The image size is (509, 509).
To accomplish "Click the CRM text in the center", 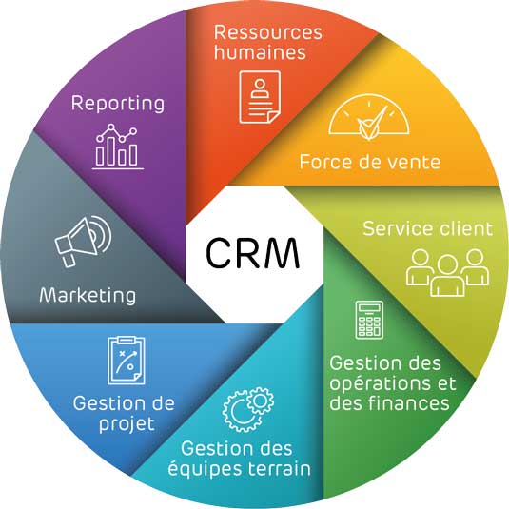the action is click(252, 253).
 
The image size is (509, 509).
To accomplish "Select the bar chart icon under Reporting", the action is click(117, 147).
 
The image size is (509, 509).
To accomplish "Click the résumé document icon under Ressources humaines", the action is click(260, 97).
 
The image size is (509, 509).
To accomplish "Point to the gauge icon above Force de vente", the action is click(369, 117).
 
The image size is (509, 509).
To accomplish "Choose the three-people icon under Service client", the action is click(447, 273).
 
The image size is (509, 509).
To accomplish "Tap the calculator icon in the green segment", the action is click(369, 320).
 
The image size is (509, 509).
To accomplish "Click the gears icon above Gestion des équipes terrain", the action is click(248, 409).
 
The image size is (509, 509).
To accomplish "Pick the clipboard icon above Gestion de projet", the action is click(127, 361).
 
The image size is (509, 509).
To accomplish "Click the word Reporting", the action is click(118, 104).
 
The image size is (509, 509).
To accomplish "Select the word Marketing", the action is click(88, 296).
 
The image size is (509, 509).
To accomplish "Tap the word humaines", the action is click(260, 52).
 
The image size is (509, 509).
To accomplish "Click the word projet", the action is click(127, 424).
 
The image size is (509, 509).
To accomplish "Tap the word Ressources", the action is click(268, 32).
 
